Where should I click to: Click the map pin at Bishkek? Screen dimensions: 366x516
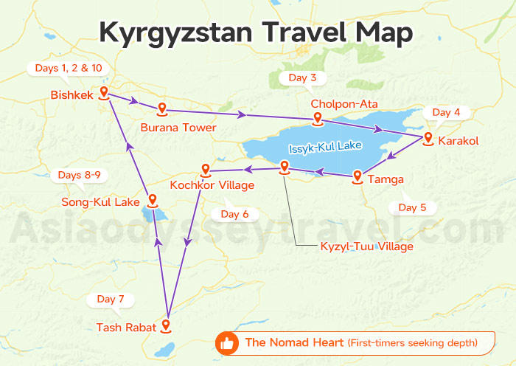coord(104,93)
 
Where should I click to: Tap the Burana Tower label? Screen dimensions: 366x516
coord(178,128)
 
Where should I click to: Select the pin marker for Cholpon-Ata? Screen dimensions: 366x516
coord(317,118)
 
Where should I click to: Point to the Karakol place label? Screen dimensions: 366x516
coord(458,140)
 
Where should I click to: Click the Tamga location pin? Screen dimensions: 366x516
coord(358,176)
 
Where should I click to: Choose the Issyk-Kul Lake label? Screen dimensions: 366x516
coord(325,146)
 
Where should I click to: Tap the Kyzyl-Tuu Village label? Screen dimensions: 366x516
coord(366,246)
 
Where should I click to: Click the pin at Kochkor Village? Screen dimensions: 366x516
coord(206,169)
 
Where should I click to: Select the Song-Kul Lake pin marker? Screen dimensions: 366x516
coord(150,200)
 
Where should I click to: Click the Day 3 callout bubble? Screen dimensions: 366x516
coord(302,77)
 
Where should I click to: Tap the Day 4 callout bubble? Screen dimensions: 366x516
coord(446,112)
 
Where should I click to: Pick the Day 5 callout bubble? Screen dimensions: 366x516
coord(412,207)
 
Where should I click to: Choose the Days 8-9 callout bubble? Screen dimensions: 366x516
coord(79,175)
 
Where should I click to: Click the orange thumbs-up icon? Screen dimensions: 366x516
coord(227,343)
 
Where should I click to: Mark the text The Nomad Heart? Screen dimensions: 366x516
coord(294,342)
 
